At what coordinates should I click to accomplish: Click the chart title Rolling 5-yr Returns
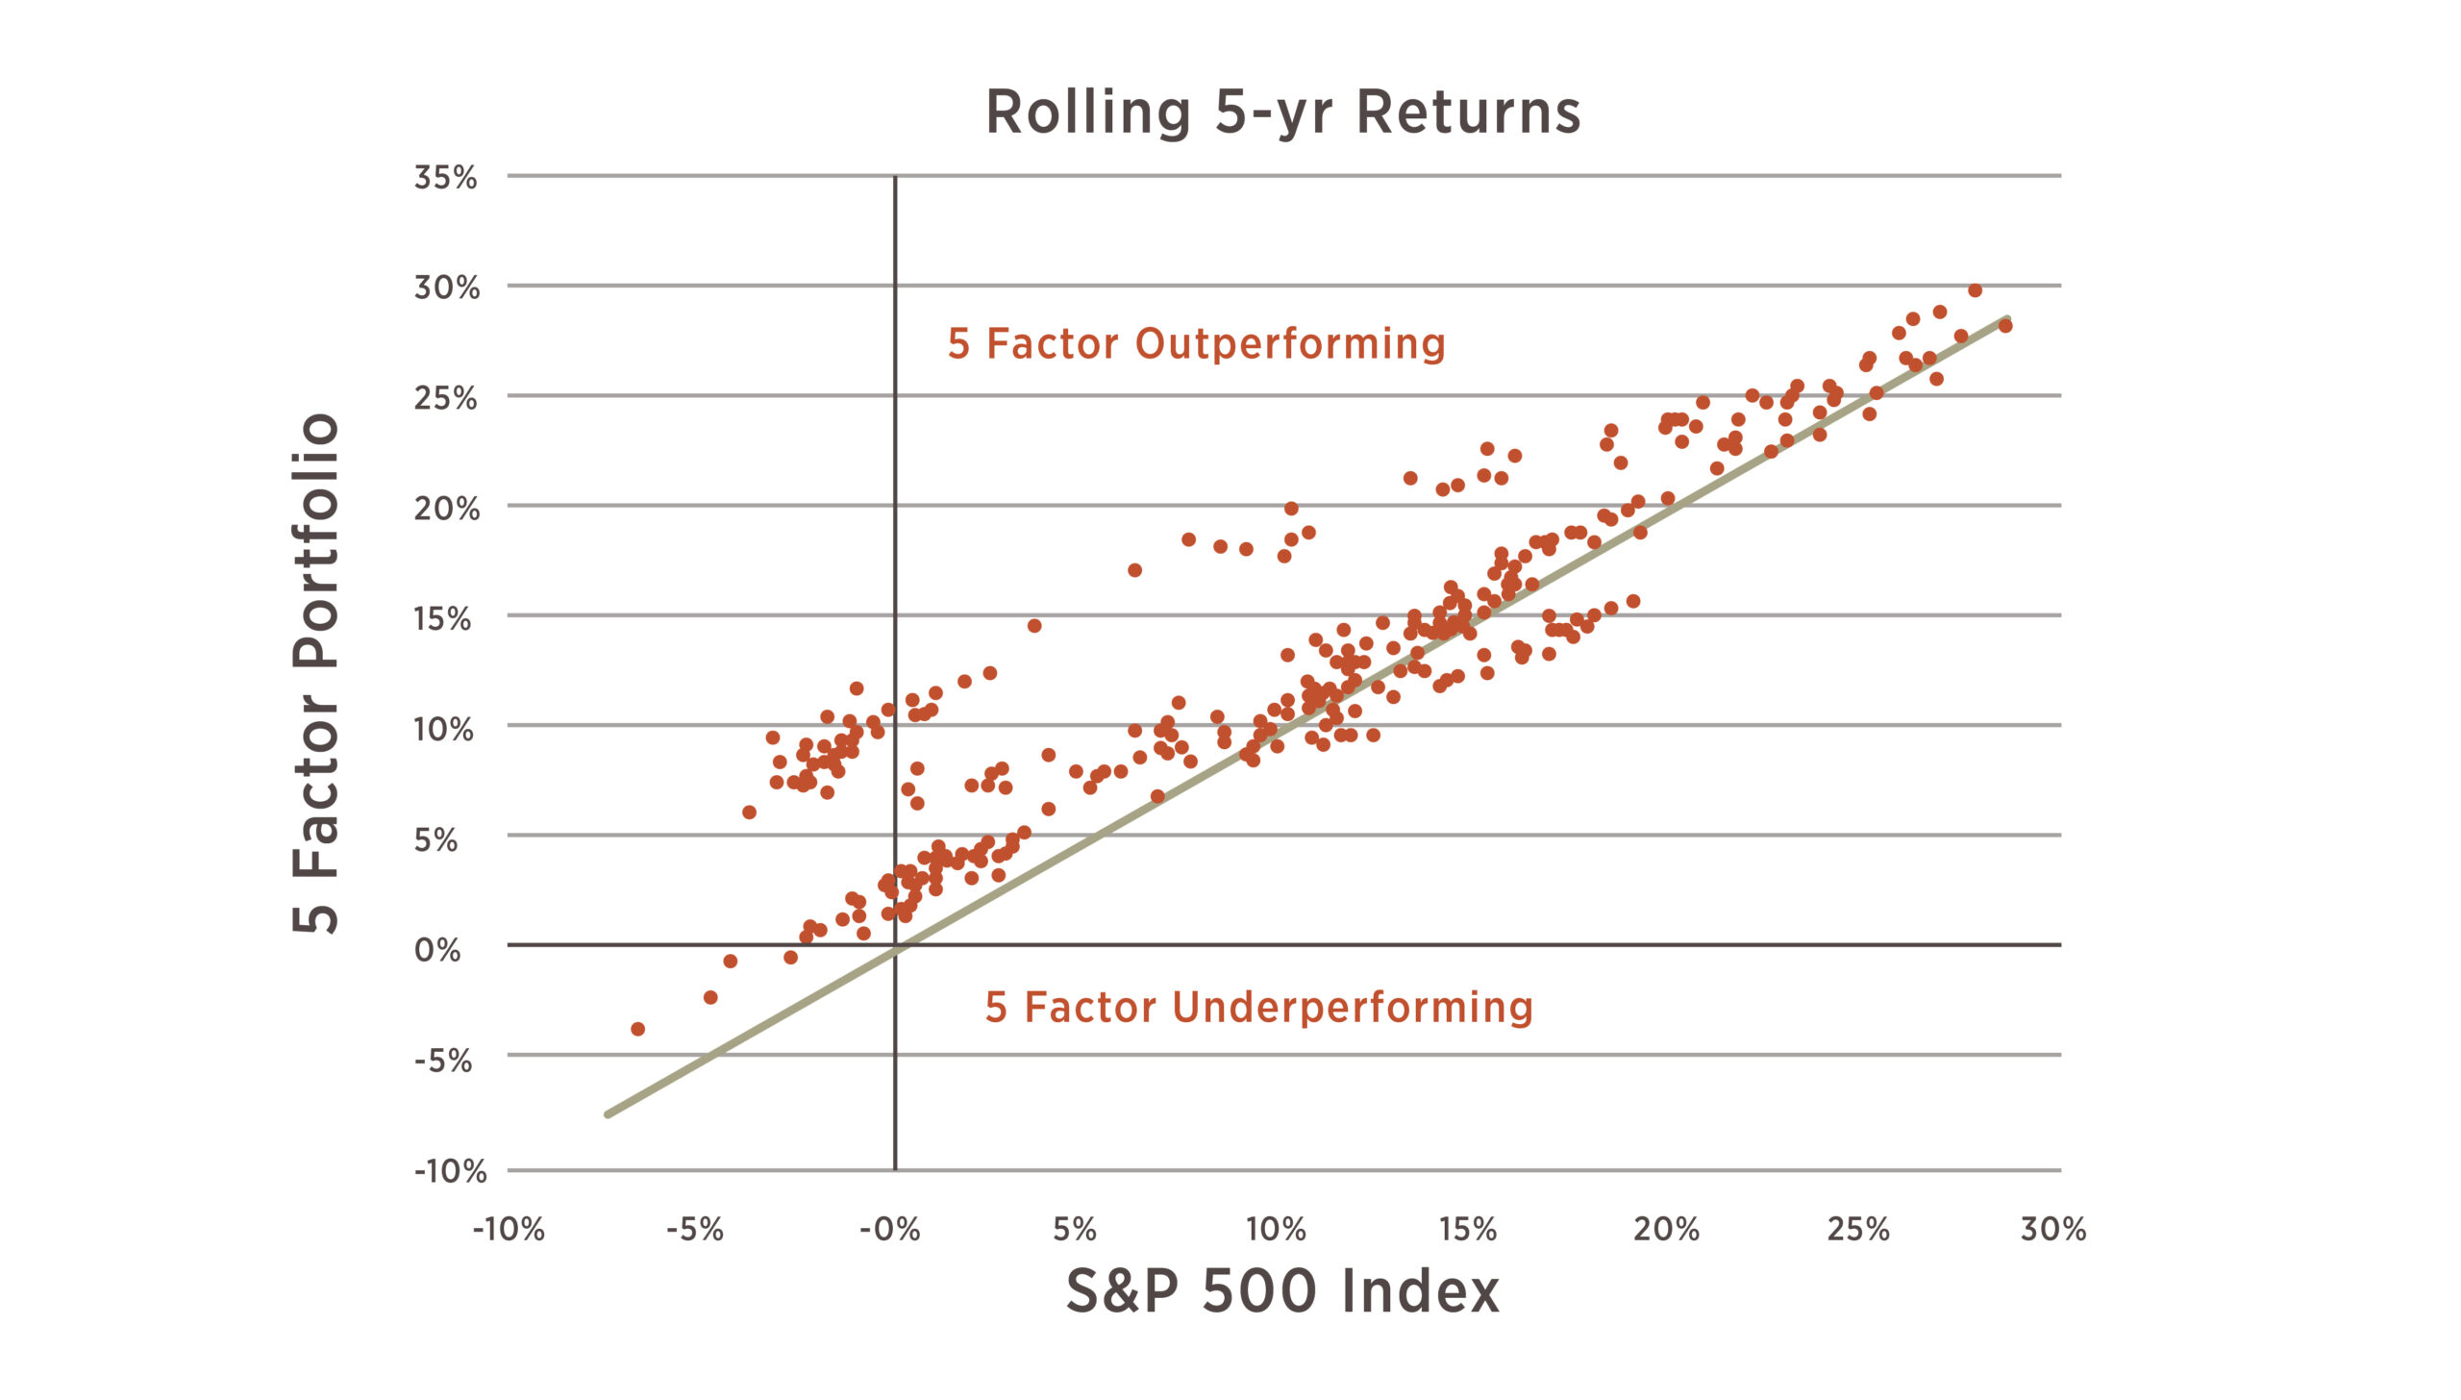coord(1283,113)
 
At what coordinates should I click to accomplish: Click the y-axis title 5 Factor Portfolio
coord(316,673)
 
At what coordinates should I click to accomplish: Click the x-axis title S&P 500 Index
coord(1282,1290)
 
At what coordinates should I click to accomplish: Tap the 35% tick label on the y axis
coord(445,177)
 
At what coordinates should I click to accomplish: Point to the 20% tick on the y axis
coord(446,508)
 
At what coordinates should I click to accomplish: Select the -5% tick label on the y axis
coord(443,1061)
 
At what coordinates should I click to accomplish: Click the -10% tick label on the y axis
coord(450,1171)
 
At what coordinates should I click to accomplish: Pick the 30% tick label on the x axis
coord(2052,1229)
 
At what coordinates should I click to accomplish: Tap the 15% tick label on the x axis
coord(1468,1229)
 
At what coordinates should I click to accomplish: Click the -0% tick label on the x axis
coord(889,1229)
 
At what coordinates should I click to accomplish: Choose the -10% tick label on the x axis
coord(509,1229)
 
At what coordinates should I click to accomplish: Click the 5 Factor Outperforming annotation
coord(1196,343)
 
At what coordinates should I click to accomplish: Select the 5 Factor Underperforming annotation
coord(1258,1008)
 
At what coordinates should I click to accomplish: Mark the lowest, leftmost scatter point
coord(637,1029)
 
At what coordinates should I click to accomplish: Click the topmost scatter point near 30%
coord(1975,290)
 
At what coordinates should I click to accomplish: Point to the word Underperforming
coord(1353,1008)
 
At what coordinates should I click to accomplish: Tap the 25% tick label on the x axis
coord(1857,1229)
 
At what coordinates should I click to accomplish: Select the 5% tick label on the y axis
coord(435,839)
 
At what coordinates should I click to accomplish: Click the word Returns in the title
coord(1468,113)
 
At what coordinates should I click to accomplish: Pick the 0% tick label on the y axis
coord(437,950)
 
